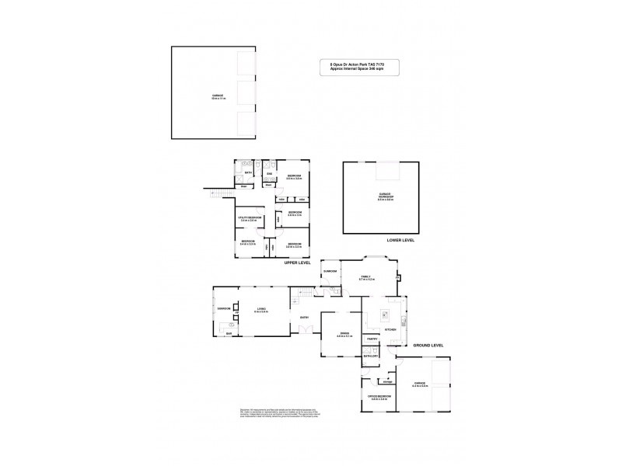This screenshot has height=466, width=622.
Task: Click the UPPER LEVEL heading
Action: click(297, 263)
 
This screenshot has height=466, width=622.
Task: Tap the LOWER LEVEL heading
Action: click(400, 240)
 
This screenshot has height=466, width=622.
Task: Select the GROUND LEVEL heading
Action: click(427, 345)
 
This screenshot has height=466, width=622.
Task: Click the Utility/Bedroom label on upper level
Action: click(248, 220)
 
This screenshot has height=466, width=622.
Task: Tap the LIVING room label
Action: click(261, 310)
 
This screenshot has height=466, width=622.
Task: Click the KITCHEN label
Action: click(390, 329)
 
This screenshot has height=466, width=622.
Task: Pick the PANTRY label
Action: click(372, 339)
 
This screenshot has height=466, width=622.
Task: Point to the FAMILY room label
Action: click(367, 277)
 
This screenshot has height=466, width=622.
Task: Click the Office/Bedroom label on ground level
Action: click(379, 398)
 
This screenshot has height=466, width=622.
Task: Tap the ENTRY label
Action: click(304, 318)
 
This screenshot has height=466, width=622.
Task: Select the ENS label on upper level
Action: click(270, 173)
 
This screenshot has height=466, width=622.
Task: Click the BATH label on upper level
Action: click(248, 173)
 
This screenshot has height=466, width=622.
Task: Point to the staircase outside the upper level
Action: click(222, 193)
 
